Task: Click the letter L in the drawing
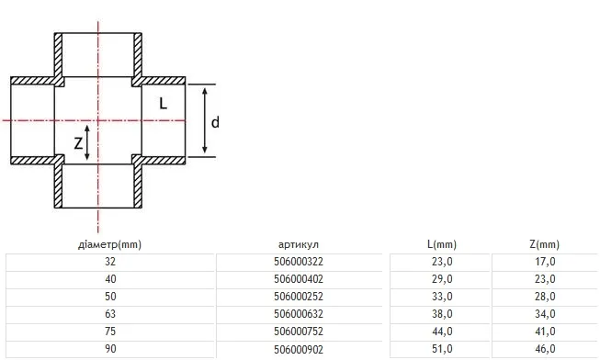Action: coord(163,103)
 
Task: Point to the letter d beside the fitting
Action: coord(215,122)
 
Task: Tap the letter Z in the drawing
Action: coord(78,143)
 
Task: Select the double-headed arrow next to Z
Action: coord(87,142)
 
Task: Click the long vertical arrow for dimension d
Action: coord(205,120)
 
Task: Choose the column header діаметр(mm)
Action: coord(110,244)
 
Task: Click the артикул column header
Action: coord(299,245)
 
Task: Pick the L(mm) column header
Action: coord(442,244)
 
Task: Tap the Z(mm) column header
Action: coord(545,244)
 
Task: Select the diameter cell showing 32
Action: coord(110,262)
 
